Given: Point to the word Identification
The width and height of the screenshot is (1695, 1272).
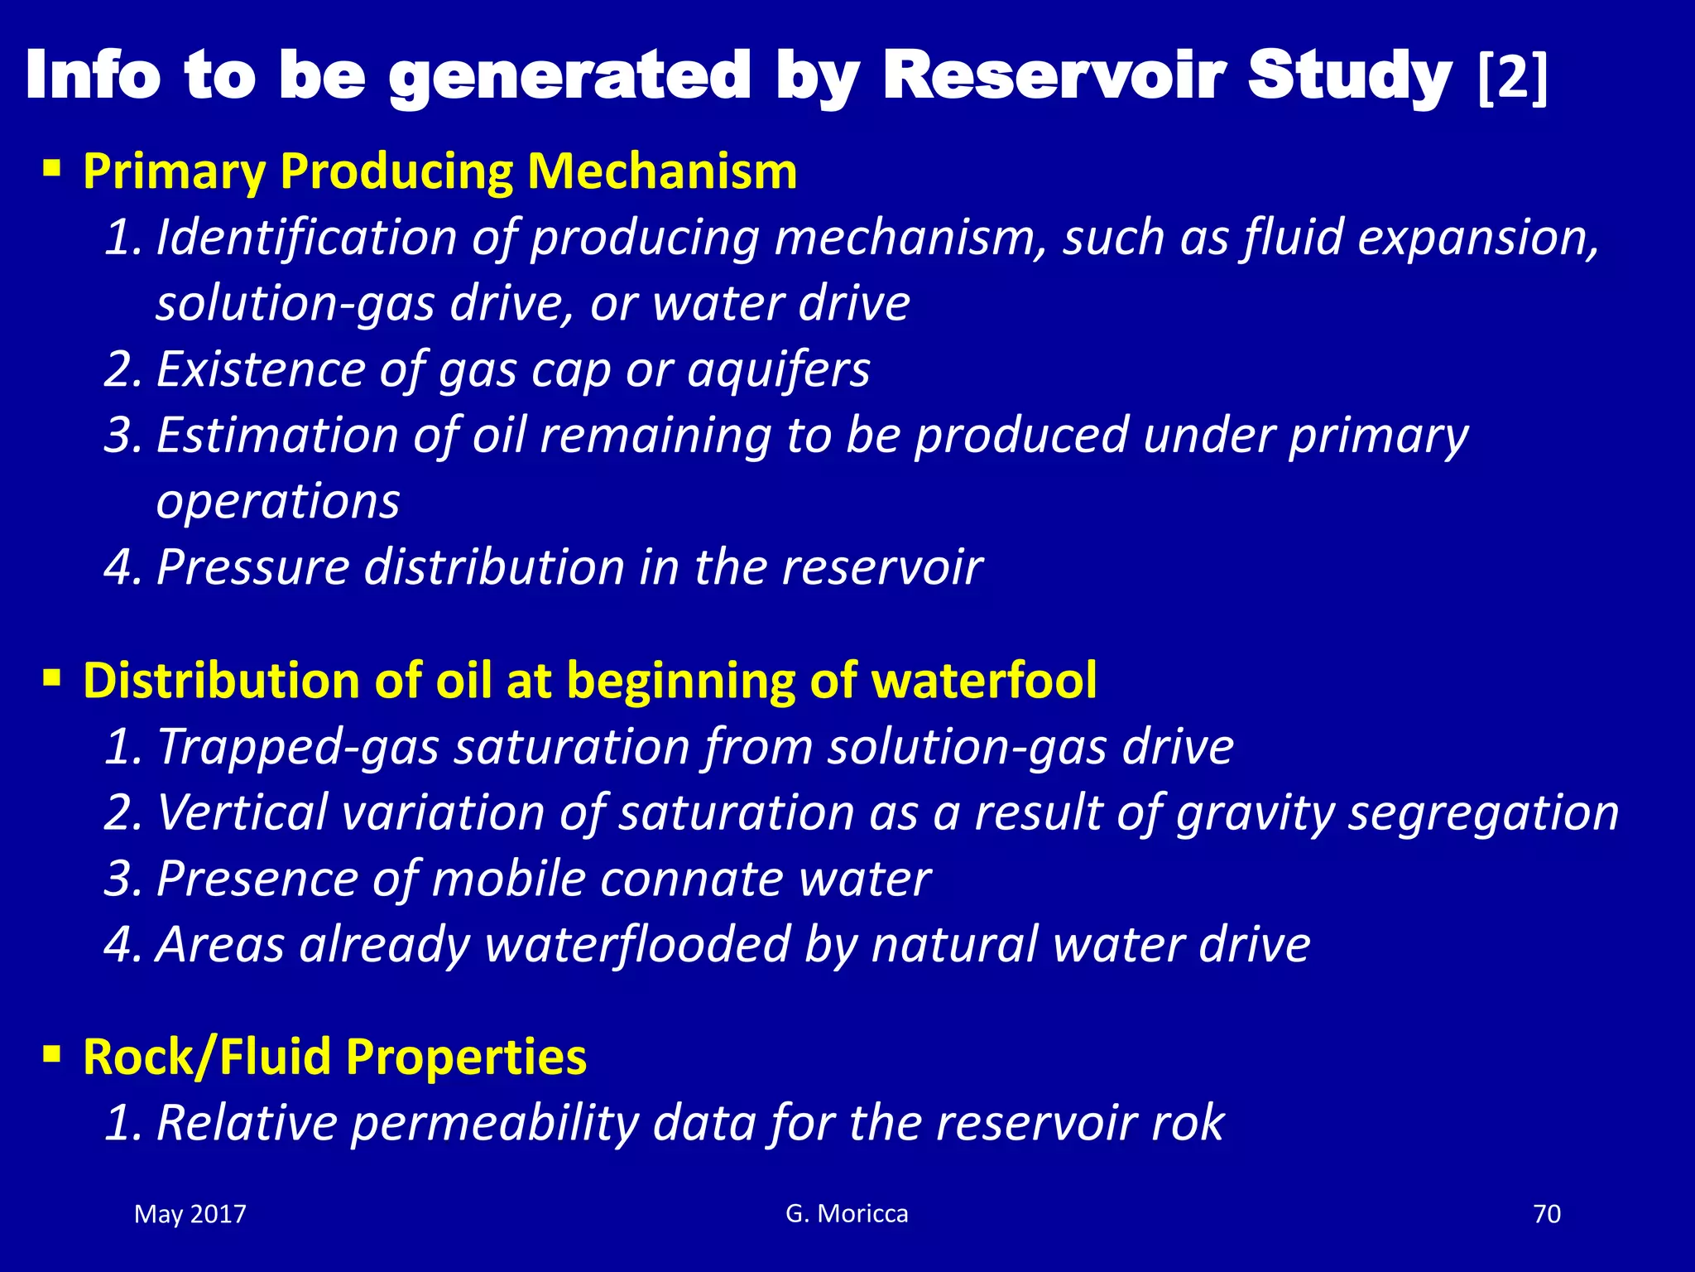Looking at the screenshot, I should coord(306,238).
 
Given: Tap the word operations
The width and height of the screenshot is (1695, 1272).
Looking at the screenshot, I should coord(278,502).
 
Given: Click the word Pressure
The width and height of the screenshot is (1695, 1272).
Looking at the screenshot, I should coord(252,568).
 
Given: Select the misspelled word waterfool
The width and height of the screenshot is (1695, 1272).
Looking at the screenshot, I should coord(984,681).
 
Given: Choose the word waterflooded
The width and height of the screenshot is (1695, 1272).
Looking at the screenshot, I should coord(637,945).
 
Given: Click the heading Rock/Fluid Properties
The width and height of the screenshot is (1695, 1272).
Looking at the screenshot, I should coord(334,1058).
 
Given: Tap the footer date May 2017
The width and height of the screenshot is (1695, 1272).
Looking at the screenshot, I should coord(190,1215).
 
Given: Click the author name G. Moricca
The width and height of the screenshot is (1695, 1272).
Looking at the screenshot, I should coord(847,1214).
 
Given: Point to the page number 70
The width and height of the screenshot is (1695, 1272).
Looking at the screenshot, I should coord(1547,1215).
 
